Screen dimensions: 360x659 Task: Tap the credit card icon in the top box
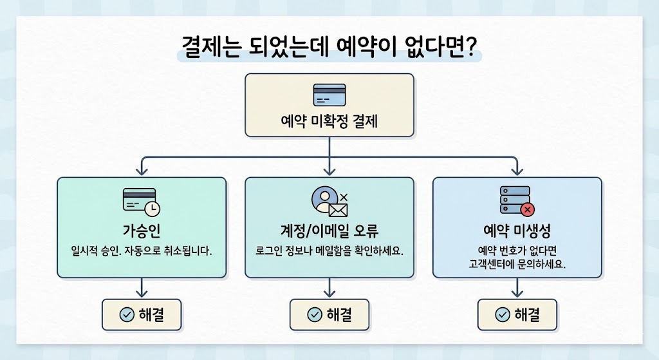pyautogui.click(x=329, y=95)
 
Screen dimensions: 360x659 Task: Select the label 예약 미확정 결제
pyautogui.click(x=329, y=120)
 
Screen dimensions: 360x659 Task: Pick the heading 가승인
pyautogui.click(x=142, y=231)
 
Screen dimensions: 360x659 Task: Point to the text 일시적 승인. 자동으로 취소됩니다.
pyautogui.click(x=142, y=251)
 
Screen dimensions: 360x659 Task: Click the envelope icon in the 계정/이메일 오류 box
pyautogui.click(x=338, y=209)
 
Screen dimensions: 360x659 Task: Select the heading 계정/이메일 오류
pyautogui.click(x=329, y=231)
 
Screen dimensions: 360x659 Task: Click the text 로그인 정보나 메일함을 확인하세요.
pyautogui.click(x=329, y=251)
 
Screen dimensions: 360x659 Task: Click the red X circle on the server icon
pyautogui.click(x=528, y=209)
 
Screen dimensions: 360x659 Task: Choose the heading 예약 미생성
pyautogui.click(x=517, y=231)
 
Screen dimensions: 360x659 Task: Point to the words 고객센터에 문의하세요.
pyautogui.click(x=517, y=264)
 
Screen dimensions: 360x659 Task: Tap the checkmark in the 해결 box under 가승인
pyautogui.click(x=127, y=314)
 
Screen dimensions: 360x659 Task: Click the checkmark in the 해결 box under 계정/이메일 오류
pyautogui.click(x=315, y=314)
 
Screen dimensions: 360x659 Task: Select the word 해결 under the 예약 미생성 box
pyautogui.click(x=526, y=314)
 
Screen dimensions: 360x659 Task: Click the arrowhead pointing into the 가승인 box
pyautogui.click(x=142, y=171)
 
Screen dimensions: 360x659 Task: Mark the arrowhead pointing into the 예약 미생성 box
pyautogui.click(x=517, y=171)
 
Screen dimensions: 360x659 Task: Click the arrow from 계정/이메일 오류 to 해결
pyautogui.click(x=329, y=287)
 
